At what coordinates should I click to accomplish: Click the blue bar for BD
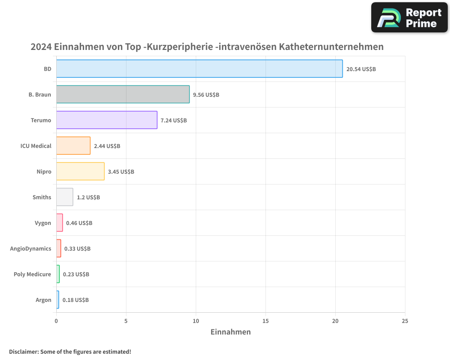tap(199, 69)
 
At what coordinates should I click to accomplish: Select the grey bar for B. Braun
tap(123, 94)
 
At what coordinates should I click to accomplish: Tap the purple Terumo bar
tap(107, 120)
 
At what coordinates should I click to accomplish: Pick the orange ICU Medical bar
tap(73, 146)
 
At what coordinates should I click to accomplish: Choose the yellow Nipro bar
tap(80, 171)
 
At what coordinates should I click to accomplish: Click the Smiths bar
tap(64, 197)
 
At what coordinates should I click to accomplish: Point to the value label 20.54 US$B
tap(361, 69)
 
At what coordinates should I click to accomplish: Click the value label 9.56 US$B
tap(206, 95)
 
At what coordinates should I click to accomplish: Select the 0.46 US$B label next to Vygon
tap(79, 223)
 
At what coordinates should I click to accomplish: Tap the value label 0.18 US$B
tap(76, 300)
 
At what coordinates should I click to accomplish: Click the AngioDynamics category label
tap(31, 248)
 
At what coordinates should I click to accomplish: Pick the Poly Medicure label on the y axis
tap(32, 274)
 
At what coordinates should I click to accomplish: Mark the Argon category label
tap(43, 300)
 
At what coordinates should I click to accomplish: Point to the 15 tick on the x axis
tap(265, 321)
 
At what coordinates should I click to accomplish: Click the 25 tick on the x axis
tap(405, 321)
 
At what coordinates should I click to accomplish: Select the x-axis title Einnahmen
tap(230, 332)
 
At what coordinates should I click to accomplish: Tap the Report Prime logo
tap(409, 18)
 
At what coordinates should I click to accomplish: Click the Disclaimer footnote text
tap(70, 351)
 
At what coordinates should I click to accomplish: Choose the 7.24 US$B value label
tap(174, 121)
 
